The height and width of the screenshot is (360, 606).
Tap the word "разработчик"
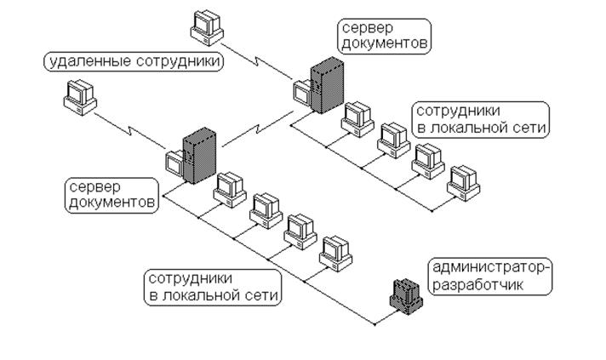[x=477, y=285]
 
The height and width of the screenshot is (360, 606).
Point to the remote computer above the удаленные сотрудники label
[x=207, y=28]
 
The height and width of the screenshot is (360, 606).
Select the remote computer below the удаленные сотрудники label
[x=80, y=98]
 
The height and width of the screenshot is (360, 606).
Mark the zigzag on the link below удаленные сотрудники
[x=130, y=130]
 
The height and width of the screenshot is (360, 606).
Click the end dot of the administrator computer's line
[x=374, y=324]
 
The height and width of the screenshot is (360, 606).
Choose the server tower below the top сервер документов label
[x=327, y=85]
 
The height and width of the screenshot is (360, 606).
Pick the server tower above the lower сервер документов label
[x=199, y=155]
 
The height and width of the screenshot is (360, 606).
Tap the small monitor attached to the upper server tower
[x=302, y=93]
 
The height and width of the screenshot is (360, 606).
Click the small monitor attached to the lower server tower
[x=174, y=163]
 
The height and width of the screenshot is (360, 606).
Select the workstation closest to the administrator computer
[x=336, y=254]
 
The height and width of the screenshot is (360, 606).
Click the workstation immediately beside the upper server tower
[x=357, y=119]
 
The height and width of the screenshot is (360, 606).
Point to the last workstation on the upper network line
[x=464, y=183]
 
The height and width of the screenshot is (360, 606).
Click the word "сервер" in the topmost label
[x=368, y=28]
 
